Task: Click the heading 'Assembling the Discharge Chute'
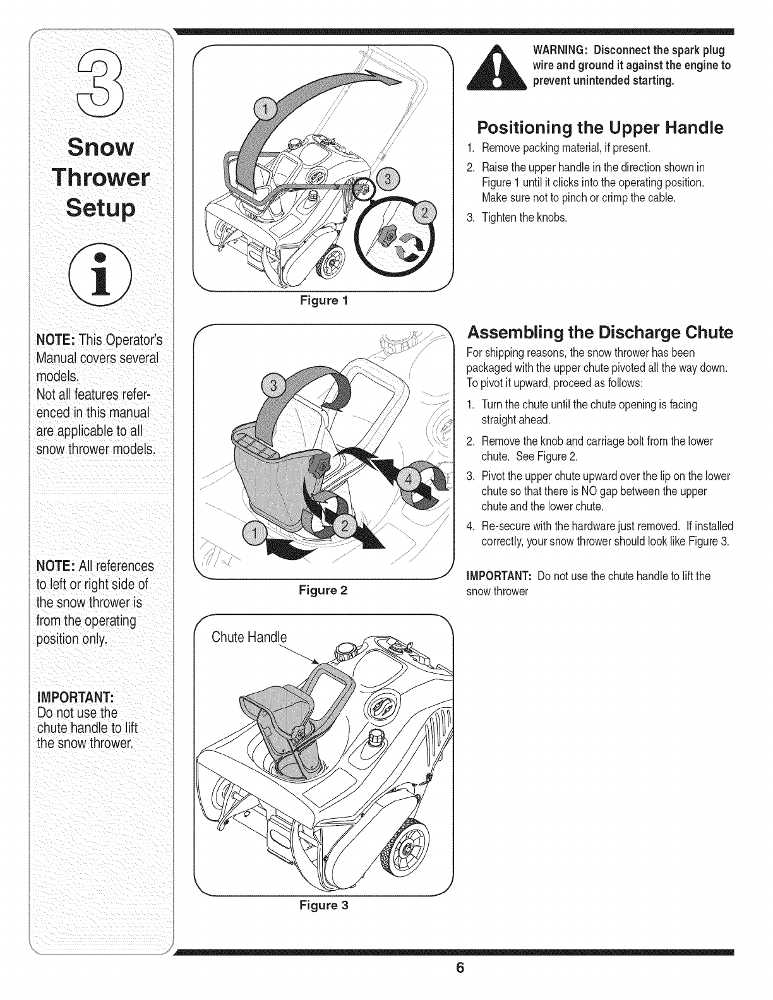[599, 333]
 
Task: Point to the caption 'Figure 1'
[323, 301]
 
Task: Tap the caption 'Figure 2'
[323, 591]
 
